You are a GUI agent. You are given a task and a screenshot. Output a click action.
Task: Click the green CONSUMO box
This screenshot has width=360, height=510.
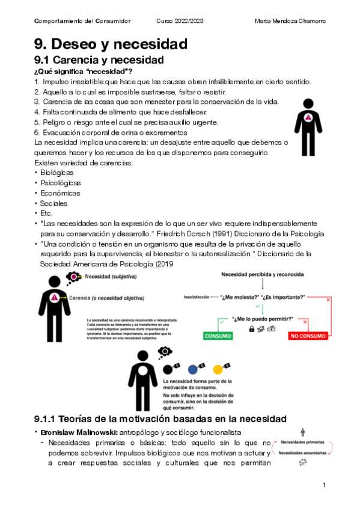click(x=218, y=336)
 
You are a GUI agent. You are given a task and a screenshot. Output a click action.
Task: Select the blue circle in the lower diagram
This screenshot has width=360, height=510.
click(x=193, y=369)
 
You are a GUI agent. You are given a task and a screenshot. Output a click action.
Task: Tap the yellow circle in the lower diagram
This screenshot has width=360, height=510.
click(x=218, y=369)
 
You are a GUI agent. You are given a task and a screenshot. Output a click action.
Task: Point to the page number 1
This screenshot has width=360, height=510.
click(x=324, y=485)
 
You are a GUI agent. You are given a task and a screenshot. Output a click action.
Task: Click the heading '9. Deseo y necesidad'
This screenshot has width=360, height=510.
click(x=111, y=44)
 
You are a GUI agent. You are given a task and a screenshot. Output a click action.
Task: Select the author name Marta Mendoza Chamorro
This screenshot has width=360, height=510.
click(x=290, y=22)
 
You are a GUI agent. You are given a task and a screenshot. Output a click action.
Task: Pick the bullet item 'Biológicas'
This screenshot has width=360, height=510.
click(x=58, y=172)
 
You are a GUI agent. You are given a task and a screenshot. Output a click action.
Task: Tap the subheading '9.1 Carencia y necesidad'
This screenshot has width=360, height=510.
click(x=99, y=60)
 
